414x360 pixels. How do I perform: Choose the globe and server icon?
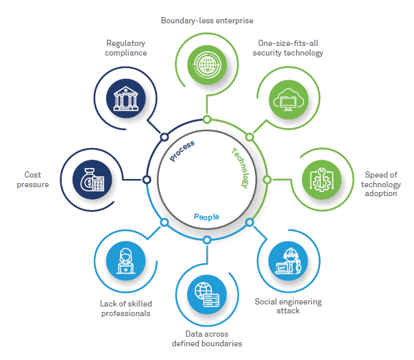point(206,295)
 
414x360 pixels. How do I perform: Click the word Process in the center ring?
point(183,151)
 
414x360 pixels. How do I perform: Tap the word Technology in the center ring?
point(239,167)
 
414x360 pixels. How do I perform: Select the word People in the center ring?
point(206,216)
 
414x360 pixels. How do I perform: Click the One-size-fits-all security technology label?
point(287,47)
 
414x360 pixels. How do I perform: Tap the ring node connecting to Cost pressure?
point(147,180)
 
